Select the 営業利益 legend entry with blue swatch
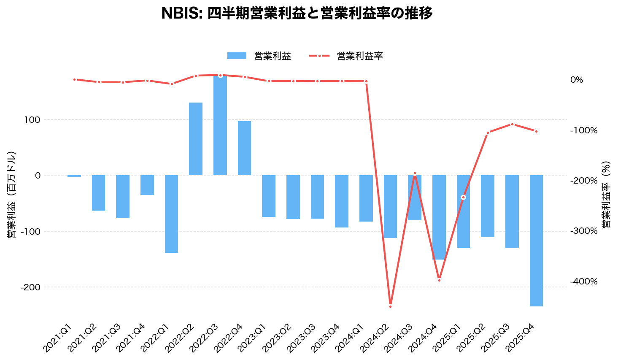pyautogui.click(x=259, y=56)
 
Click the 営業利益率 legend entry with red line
pyautogui.click(x=346, y=56)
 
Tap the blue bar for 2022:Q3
pyautogui.click(x=220, y=127)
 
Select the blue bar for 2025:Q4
pyautogui.click(x=536, y=241)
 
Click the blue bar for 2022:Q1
pyautogui.click(x=171, y=214)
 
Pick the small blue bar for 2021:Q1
pyautogui.click(x=74, y=176)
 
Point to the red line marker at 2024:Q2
pyautogui.click(x=390, y=306)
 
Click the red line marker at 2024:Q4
pyautogui.click(x=439, y=280)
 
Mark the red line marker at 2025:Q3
pyautogui.click(x=512, y=124)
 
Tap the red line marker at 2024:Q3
pyautogui.click(x=415, y=173)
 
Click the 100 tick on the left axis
pyautogui.click(x=32, y=120)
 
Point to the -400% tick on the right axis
pyautogui.click(x=583, y=282)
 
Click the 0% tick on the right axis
pyautogui.click(x=576, y=80)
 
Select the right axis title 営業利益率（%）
pyautogui.click(x=606, y=194)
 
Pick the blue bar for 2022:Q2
pyautogui.click(x=196, y=139)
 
